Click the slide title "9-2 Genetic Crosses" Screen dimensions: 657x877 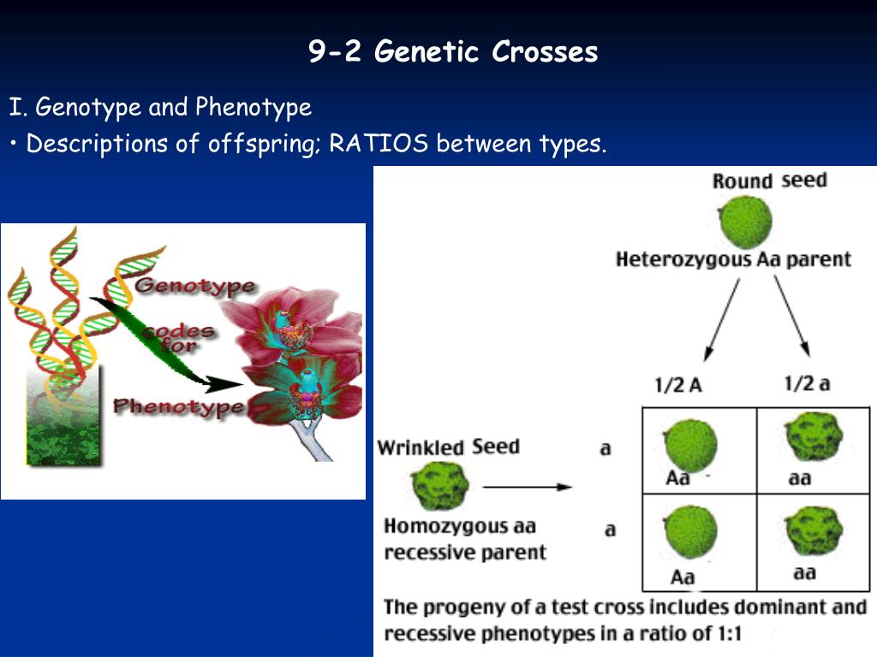coord(453,52)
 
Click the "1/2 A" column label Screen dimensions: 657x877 coord(677,385)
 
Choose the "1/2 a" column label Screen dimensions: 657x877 coord(807,383)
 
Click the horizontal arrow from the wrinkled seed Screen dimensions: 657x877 coord(527,487)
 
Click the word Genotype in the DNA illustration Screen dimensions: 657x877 coord(194,287)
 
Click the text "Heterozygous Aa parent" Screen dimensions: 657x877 coord(733,259)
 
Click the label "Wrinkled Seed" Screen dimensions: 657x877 coord(448,447)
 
